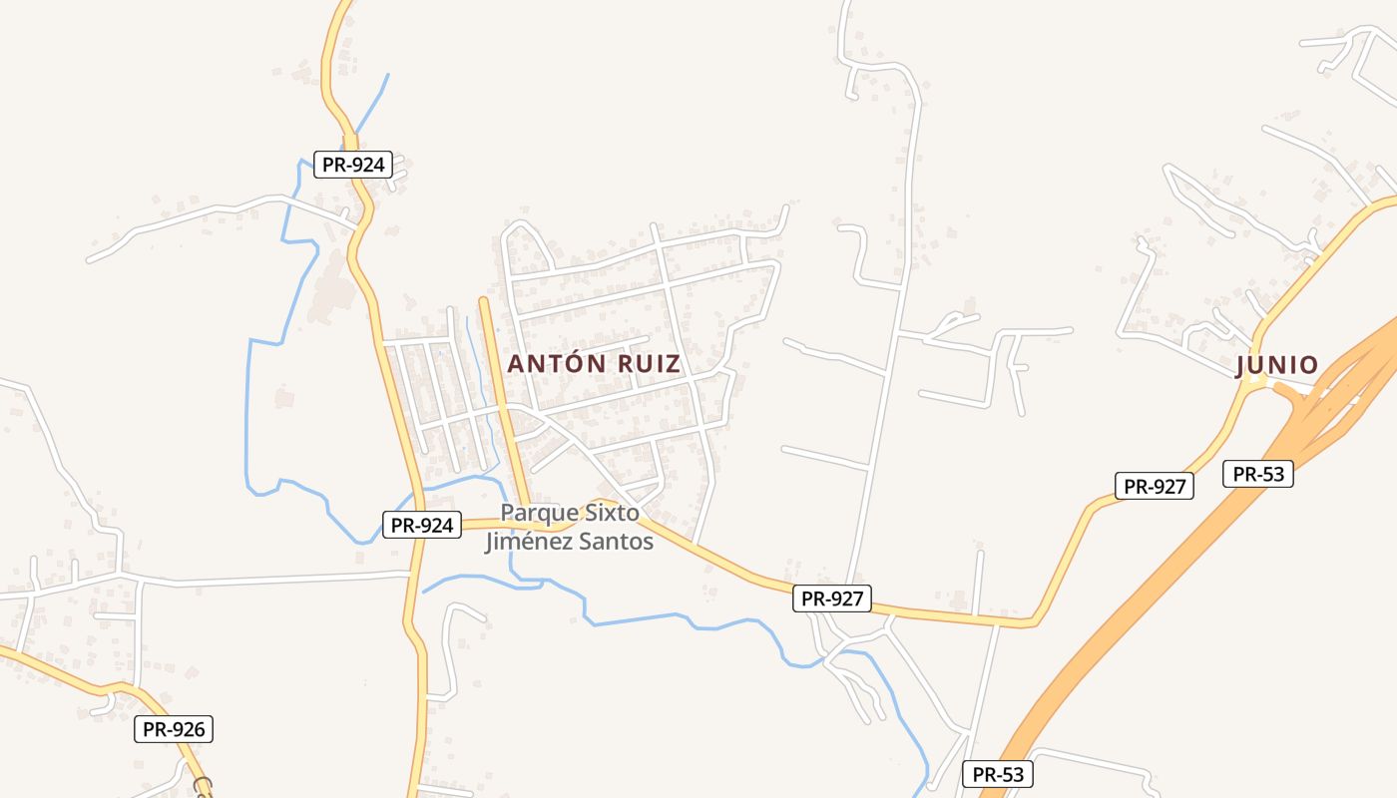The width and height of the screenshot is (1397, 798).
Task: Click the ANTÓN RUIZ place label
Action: click(594, 364)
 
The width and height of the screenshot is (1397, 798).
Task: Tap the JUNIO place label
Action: click(1277, 366)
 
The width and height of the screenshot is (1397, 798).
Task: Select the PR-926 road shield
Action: click(174, 729)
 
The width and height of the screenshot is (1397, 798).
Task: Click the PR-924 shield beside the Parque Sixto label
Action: click(422, 525)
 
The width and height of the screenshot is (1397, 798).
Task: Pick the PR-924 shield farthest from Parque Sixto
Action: click(353, 165)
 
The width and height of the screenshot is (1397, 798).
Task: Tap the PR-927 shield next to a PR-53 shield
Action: click(1154, 486)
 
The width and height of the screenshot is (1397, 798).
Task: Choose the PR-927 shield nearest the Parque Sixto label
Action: click(832, 598)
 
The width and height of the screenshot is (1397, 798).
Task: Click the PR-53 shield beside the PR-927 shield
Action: click(1258, 474)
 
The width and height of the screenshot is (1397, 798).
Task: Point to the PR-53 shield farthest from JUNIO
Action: click(998, 774)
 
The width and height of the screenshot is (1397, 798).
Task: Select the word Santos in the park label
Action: click(620, 543)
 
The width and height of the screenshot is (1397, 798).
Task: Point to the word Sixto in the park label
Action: click(611, 513)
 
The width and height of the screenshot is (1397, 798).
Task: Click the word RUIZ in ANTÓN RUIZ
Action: click(649, 364)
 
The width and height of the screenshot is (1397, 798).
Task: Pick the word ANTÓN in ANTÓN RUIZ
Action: click(555, 364)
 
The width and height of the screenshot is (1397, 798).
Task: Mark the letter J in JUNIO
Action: click(1241, 366)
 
